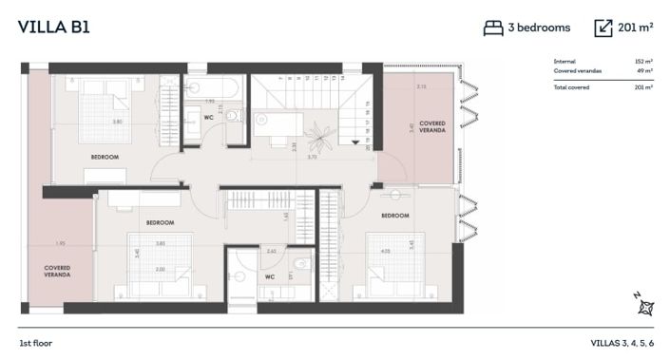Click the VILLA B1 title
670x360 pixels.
click(54, 27)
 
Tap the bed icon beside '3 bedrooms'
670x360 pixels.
click(492, 28)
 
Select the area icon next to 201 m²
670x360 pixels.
click(603, 28)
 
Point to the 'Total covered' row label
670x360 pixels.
click(572, 87)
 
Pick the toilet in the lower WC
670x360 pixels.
click(300, 265)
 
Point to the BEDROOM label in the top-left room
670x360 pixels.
click(105, 156)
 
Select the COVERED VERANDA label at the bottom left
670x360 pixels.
click(57, 271)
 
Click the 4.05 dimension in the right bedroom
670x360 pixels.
click(385, 252)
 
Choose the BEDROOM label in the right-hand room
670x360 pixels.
click(395, 216)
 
